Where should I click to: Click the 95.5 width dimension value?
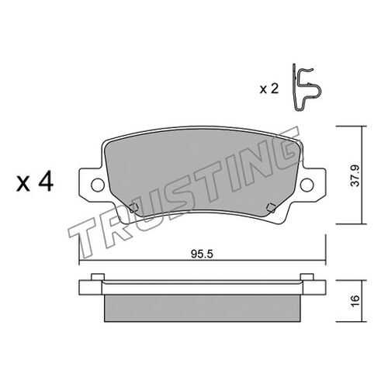[x=202, y=254]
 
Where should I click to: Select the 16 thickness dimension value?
[x=355, y=300]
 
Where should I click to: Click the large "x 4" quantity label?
[x=35, y=182]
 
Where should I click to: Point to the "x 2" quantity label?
[x=269, y=89]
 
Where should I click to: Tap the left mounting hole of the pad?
[x=98, y=185]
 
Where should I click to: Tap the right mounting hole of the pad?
[x=307, y=185]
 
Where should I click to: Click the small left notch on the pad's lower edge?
[x=133, y=208]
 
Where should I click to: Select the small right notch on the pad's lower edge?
[x=271, y=208]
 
